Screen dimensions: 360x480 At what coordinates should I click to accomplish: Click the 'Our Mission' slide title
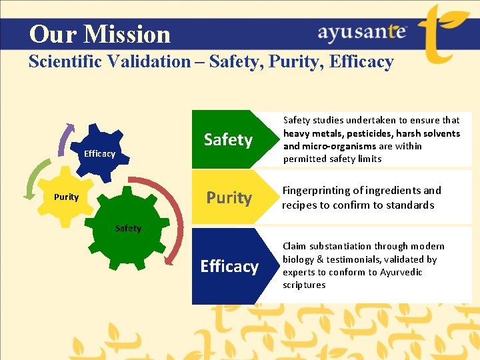100,34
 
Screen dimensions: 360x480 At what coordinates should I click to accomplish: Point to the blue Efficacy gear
99,152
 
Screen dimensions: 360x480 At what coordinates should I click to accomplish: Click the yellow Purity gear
67,197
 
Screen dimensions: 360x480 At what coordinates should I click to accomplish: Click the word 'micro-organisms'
337,146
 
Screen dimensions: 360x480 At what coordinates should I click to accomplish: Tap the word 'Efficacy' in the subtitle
363,62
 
